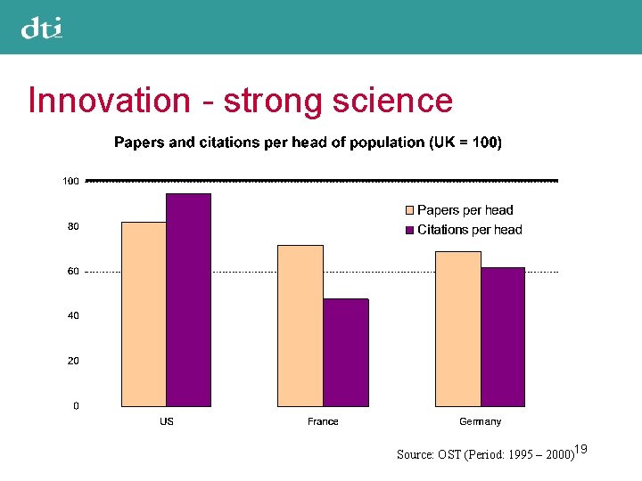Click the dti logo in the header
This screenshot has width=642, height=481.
click(x=42, y=29)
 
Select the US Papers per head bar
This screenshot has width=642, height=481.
click(x=144, y=314)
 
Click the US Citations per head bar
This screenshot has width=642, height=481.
click(x=188, y=300)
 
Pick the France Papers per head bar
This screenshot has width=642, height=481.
click(x=300, y=325)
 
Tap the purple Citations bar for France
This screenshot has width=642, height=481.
click(x=345, y=352)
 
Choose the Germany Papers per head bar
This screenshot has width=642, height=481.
click(x=457, y=329)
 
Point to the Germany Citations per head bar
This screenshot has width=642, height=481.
click(x=503, y=337)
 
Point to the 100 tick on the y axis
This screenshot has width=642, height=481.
click(x=70, y=181)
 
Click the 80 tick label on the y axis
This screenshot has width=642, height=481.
click(x=73, y=226)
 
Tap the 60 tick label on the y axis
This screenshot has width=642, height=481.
click(x=73, y=271)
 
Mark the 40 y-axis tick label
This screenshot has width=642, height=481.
click(x=73, y=315)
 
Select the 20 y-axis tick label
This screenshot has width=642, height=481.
click(x=73, y=361)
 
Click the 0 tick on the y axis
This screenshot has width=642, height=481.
click(x=76, y=405)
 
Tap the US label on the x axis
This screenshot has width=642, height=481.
click(x=167, y=421)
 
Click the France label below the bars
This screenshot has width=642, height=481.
click(x=323, y=421)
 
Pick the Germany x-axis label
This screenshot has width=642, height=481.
click(x=480, y=421)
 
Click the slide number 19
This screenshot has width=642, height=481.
click(x=581, y=449)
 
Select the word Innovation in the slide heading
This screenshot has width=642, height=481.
click(x=109, y=101)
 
